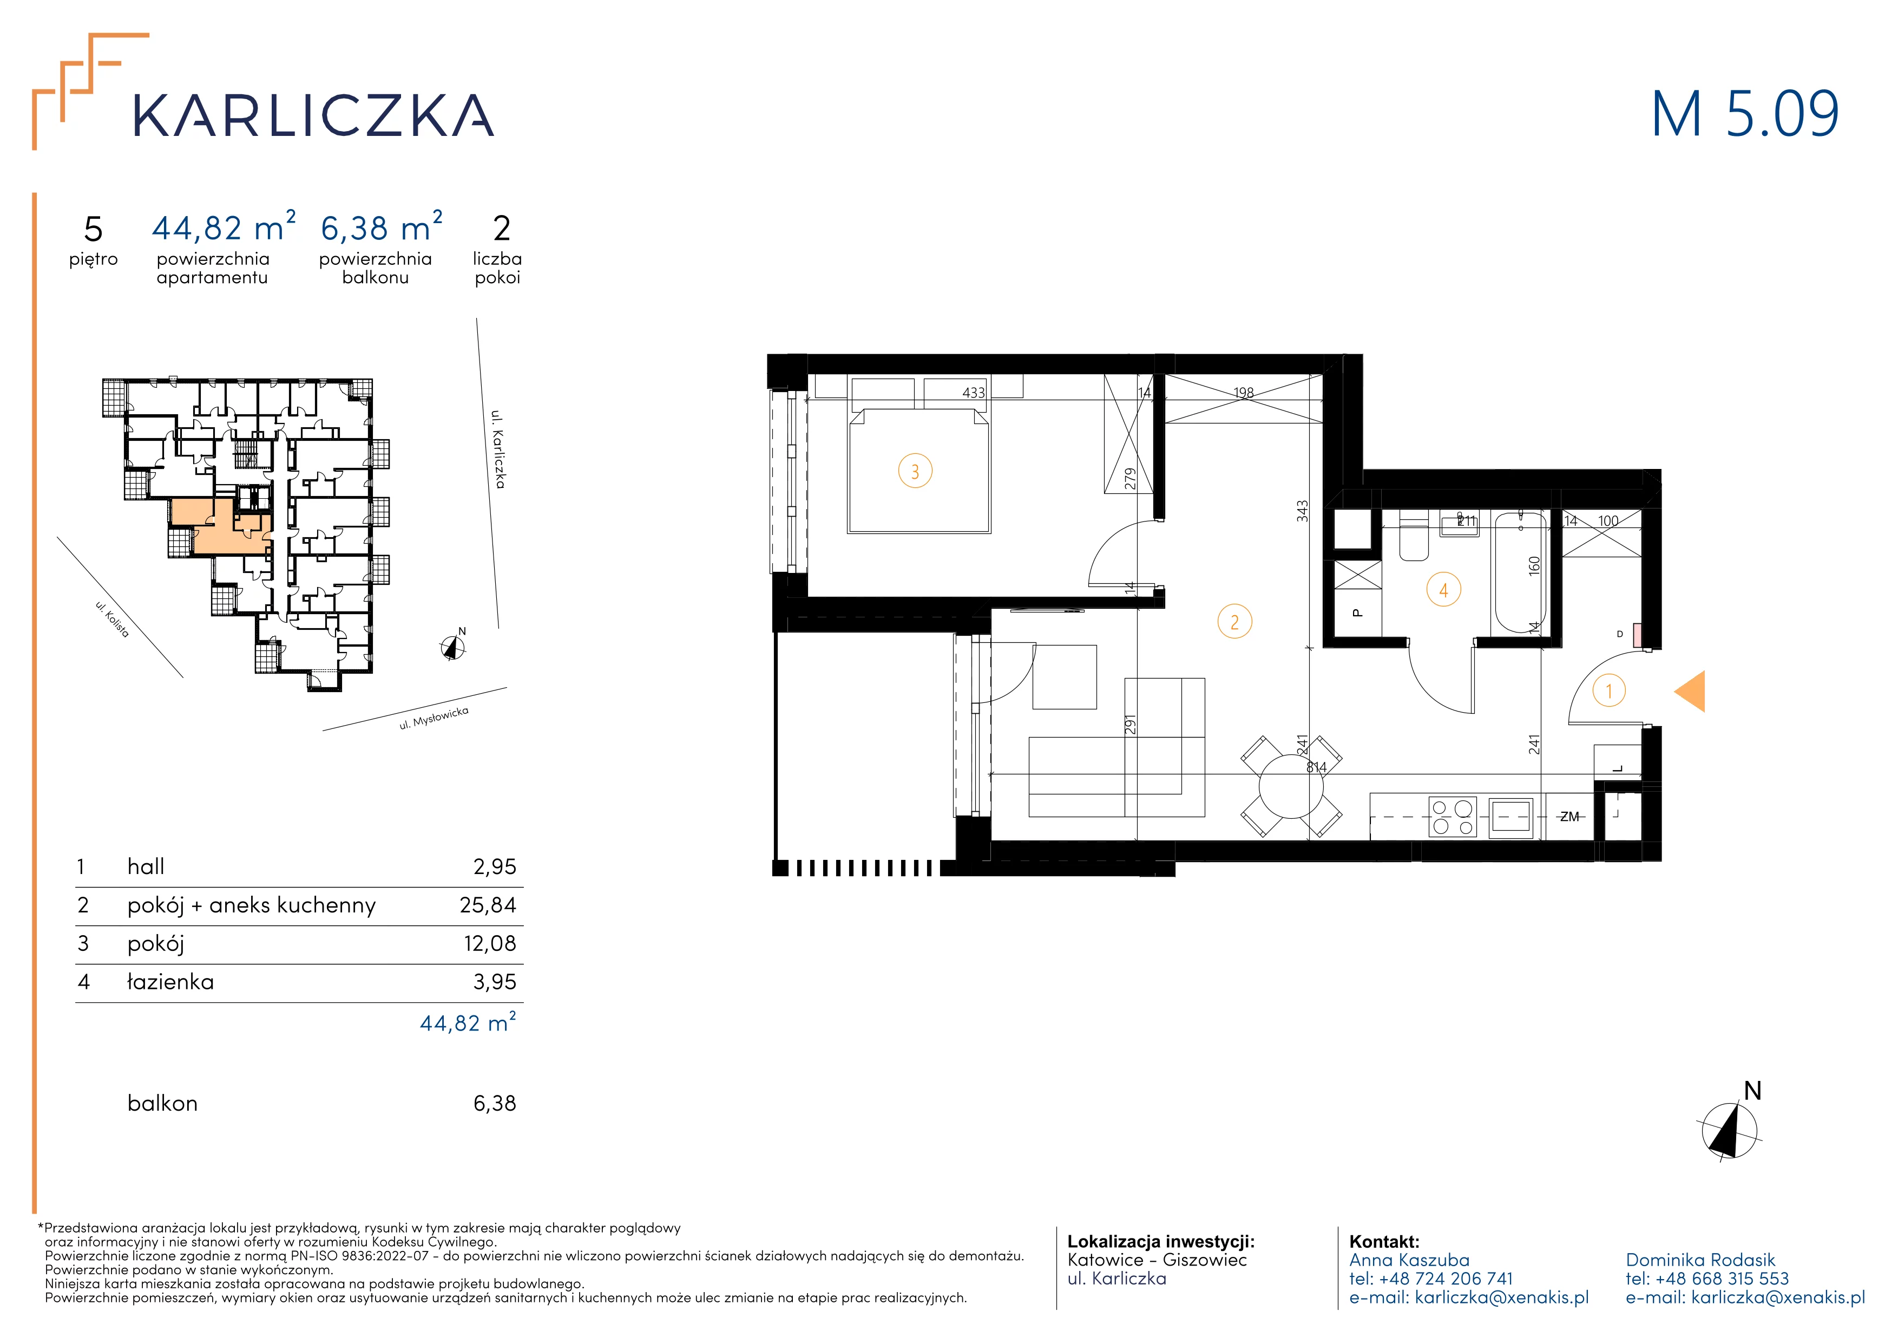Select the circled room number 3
coord(915,472)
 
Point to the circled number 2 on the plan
coord(1235,622)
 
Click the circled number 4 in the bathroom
coord(1444,590)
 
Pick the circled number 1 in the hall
coord(1608,690)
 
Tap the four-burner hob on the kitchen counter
coord(1453,817)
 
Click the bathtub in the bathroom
coord(1519,572)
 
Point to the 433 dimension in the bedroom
coord(974,393)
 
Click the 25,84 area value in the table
coord(488,905)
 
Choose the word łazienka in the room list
coord(170,982)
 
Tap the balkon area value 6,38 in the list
coord(494,1103)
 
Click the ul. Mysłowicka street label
coord(434,719)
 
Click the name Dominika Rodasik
coord(1700,1260)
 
